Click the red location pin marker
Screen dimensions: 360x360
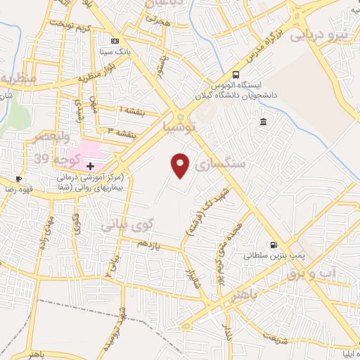click(181, 165)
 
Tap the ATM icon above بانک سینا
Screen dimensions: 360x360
click(115, 41)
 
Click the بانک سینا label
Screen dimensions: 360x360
click(115, 52)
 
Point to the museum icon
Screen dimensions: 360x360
click(263, 122)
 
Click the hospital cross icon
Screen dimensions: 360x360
click(90, 165)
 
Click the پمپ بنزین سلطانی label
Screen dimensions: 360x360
click(266, 257)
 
